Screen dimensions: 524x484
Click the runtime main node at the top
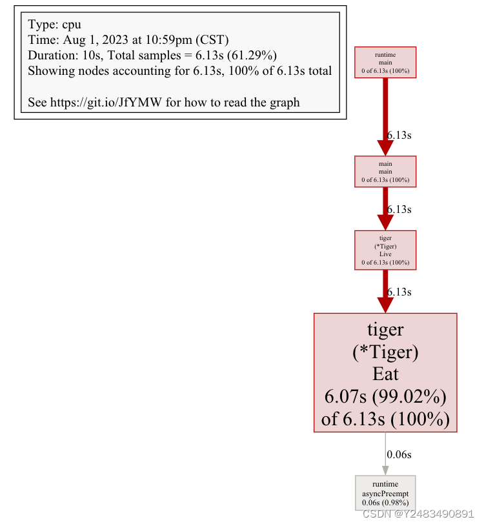point(385,63)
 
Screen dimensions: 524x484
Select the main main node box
point(385,172)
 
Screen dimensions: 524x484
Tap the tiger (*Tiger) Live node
point(385,250)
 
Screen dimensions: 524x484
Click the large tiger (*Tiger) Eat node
point(385,372)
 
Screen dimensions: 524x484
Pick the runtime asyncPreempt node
point(385,494)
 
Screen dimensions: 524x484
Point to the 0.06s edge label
point(399,454)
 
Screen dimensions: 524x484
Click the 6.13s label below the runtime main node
point(399,136)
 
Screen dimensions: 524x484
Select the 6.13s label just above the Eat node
point(399,292)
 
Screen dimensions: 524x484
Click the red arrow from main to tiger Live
point(385,210)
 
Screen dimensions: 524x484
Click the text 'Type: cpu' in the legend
point(55,24)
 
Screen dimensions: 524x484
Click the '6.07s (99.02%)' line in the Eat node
point(385,396)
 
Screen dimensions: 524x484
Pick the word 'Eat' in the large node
point(385,374)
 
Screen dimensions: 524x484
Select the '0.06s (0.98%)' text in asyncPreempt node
point(385,503)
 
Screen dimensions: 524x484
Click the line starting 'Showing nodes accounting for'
point(179,70)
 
